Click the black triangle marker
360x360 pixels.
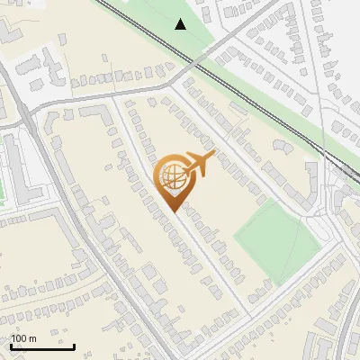pyautogui.click(x=181, y=24)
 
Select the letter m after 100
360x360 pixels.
pyautogui.click(x=32, y=338)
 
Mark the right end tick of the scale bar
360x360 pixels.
pyautogui.click(x=74, y=346)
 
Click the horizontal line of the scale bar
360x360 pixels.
pyautogui.click(x=41, y=347)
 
